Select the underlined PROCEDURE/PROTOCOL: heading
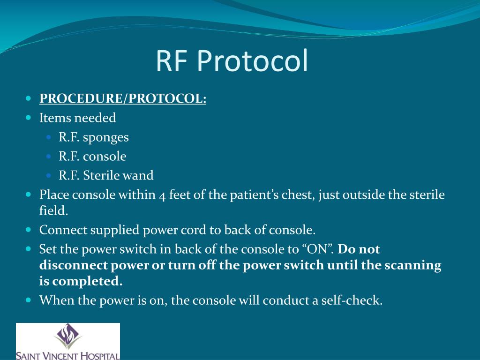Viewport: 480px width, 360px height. (123, 99)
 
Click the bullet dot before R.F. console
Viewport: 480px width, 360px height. (50, 157)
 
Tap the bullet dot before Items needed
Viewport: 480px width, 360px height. (29, 118)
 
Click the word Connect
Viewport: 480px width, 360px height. (62, 230)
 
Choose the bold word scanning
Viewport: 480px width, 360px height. (413, 265)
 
